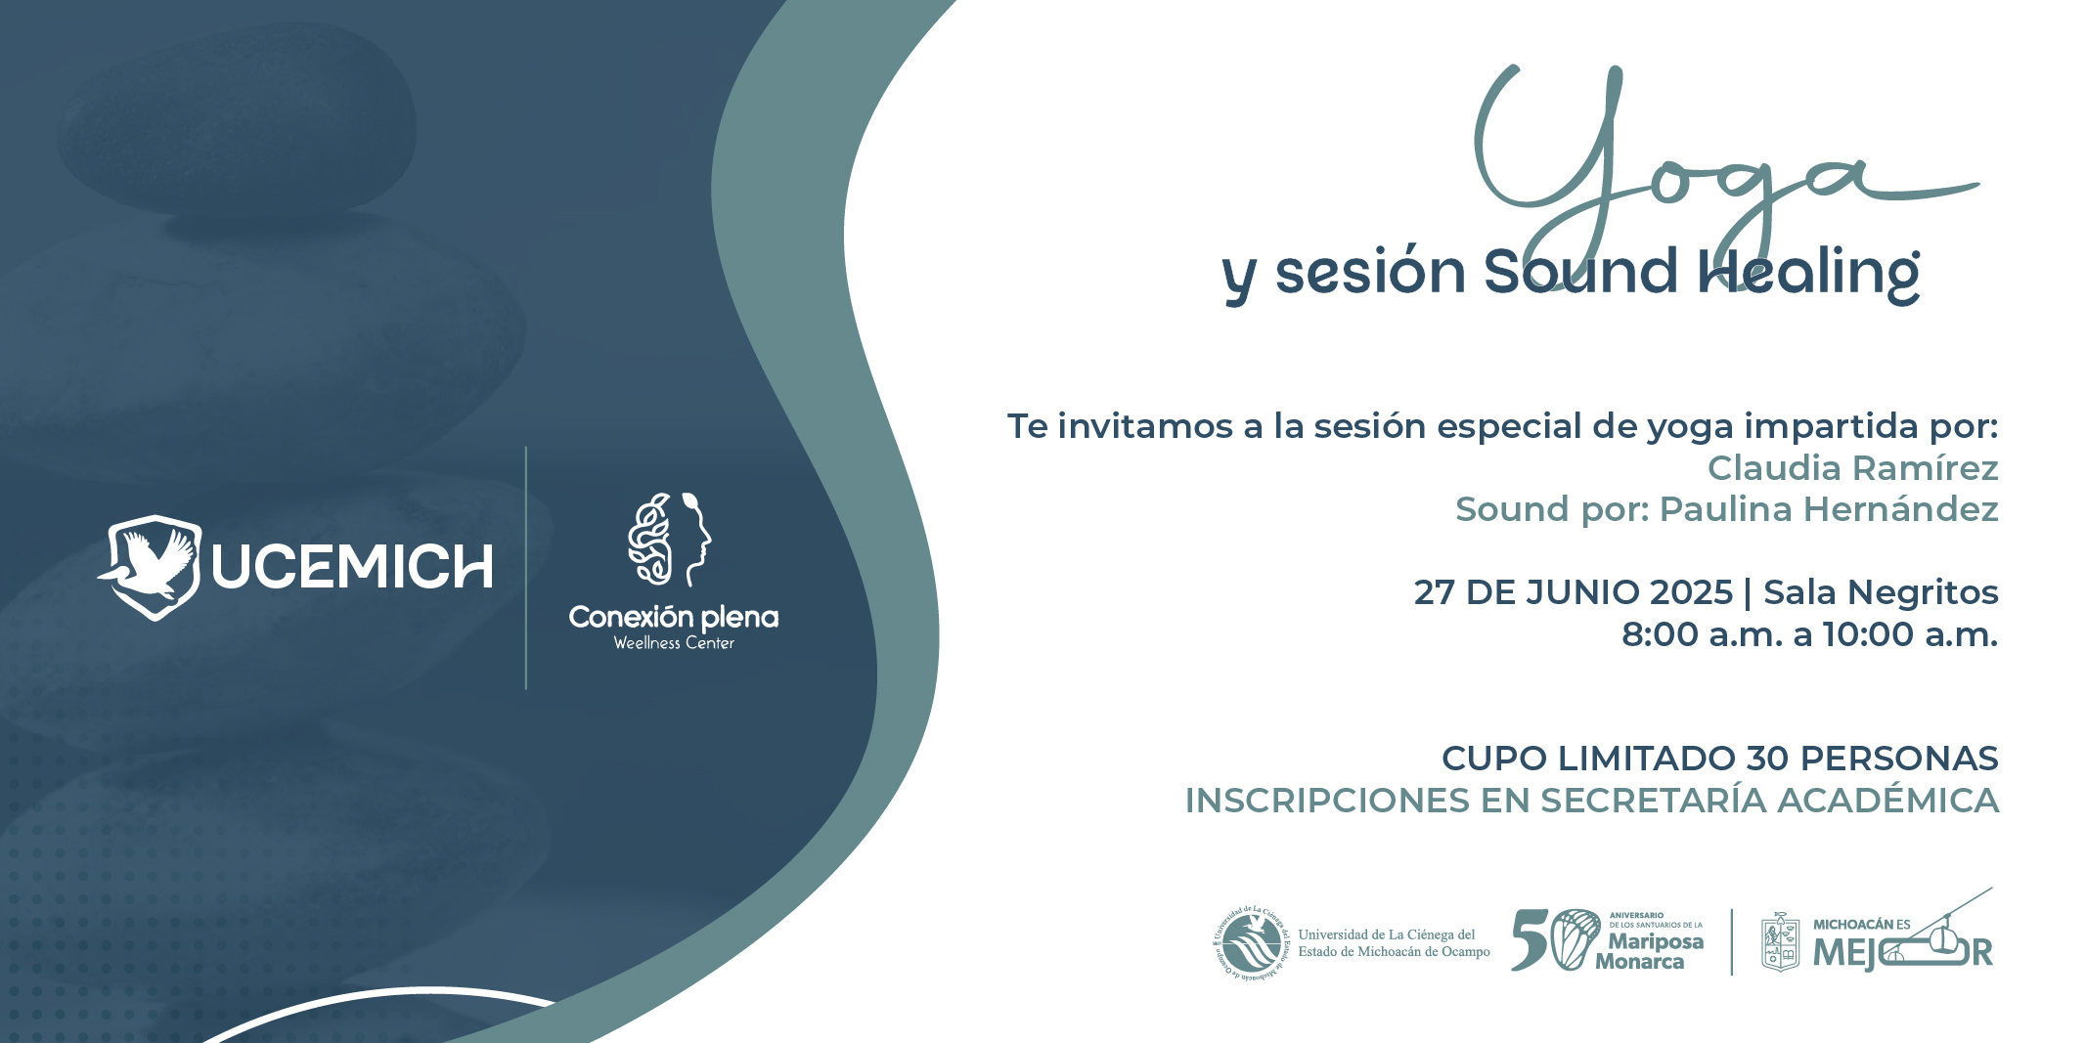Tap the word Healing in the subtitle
tap(1808, 275)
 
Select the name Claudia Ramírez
tap(1852, 468)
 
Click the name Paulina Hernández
tap(1829, 509)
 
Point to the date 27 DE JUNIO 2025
tap(1573, 592)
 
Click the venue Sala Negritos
tap(1881, 592)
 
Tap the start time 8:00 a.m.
tap(1702, 634)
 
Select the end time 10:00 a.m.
tap(1910, 634)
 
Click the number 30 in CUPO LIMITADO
tap(1768, 759)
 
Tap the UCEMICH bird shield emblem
tap(150, 567)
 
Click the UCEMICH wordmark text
tap(352, 567)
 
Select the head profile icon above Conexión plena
tap(670, 539)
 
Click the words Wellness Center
tap(674, 643)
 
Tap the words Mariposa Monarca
tap(1650, 951)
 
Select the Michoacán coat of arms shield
tap(1780, 942)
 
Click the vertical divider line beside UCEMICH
tap(526, 568)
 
